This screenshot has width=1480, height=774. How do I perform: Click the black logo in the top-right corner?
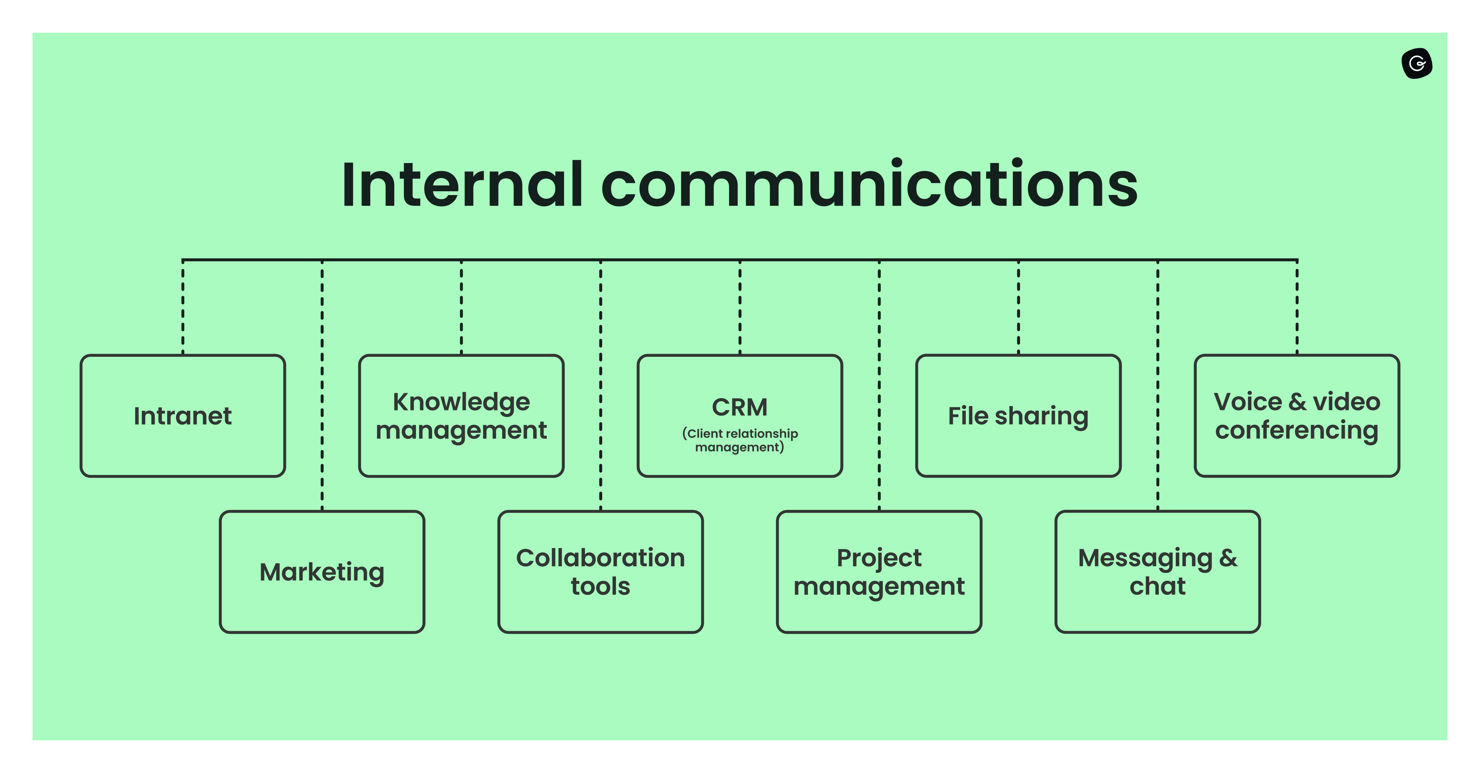[x=1417, y=63]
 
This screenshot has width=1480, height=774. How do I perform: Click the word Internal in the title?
[x=462, y=185]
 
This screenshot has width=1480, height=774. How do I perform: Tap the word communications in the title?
[x=869, y=185]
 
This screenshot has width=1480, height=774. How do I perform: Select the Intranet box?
[x=183, y=416]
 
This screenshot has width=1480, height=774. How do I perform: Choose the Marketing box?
[x=322, y=572]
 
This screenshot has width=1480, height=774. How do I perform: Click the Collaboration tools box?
[x=601, y=572]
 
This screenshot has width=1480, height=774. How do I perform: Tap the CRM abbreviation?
[x=740, y=407]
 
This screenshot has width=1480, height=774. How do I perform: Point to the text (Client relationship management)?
[x=740, y=440]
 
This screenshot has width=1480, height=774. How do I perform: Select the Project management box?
[x=879, y=572]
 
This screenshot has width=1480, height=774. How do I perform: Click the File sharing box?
[x=1018, y=416]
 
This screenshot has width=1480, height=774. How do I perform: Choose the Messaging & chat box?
[x=1158, y=572]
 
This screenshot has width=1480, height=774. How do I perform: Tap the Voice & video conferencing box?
[x=1297, y=416]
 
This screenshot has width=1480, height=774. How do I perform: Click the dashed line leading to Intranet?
[x=183, y=308]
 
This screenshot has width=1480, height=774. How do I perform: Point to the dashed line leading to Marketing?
[x=322, y=385]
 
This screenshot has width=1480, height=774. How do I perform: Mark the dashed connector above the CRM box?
[x=740, y=308]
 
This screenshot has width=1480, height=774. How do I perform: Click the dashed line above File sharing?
[x=1019, y=308]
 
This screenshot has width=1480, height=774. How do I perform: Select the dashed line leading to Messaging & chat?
[x=1158, y=385]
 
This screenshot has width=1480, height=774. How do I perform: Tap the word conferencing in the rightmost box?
[x=1297, y=430]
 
